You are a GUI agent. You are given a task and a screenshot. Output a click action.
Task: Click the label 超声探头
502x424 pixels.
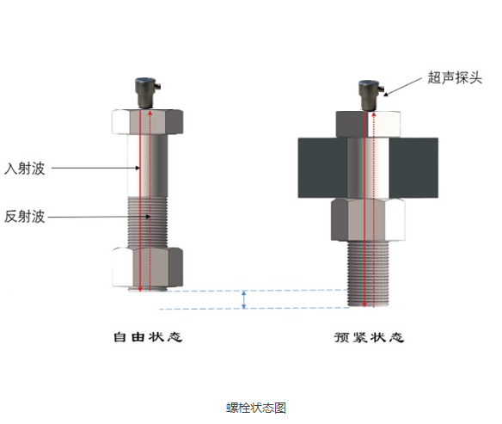(x=455, y=77)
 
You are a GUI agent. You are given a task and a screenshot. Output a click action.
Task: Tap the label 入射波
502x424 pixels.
(x=24, y=169)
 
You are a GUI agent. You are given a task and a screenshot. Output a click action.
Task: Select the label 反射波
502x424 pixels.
(x=24, y=217)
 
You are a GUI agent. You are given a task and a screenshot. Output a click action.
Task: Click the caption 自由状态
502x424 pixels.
(x=148, y=337)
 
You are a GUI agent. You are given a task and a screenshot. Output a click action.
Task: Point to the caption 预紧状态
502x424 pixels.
(x=369, y=337)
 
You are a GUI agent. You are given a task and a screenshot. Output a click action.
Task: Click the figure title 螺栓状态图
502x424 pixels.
(x=256, y=408)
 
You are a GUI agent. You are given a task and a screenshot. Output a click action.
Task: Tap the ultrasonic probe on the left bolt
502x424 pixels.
(x=147, y=93)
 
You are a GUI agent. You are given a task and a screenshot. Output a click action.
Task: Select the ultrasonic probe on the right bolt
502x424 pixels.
(x=370, y=95)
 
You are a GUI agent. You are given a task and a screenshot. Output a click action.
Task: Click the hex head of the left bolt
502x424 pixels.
(x=148, y=121)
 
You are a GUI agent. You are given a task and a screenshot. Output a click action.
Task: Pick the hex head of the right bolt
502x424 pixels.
(x=368, y=124)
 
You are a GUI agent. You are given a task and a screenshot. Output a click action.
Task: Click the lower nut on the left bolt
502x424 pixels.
(x=148, y=267)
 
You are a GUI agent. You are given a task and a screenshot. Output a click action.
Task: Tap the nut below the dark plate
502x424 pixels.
(x=368, y=219)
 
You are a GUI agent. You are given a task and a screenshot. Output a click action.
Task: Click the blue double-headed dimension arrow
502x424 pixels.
(x=244, y=299)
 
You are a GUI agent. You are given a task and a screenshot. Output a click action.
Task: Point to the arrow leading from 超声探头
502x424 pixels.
(x=403, y=87)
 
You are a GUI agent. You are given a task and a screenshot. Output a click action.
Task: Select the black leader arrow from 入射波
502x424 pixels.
(x=95, y=168)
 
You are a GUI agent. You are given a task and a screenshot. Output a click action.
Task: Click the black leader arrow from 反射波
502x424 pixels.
(x=99, y=217)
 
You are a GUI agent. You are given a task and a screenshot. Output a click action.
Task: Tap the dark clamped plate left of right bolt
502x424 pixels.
(x=322, y=168)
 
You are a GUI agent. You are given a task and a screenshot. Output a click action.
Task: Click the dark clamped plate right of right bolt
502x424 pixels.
(x=413, y=168)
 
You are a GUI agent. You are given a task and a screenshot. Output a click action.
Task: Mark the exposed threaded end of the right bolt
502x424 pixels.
(x=368, y=273)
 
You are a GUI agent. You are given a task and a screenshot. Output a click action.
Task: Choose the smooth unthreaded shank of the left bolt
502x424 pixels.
(x=148, y=166)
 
